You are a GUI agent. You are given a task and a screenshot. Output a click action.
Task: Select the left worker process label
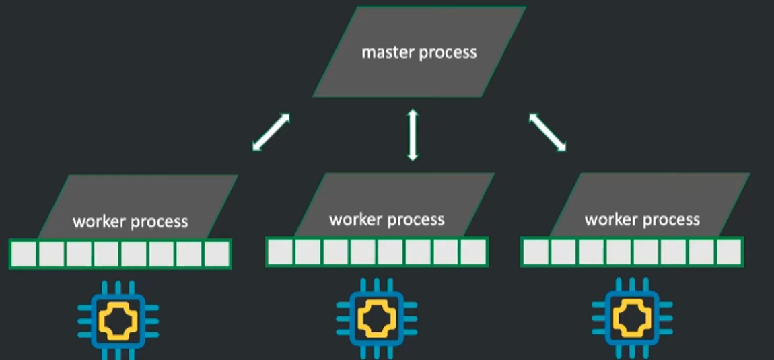click(130, 221)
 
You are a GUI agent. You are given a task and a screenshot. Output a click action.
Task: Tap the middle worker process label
click(386, 219)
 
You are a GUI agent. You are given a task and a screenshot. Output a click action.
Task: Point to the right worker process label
click(642, 219)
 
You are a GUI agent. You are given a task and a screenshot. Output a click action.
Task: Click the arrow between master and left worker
click(271, 132)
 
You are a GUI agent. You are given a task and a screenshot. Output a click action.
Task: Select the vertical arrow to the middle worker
click(413, 135)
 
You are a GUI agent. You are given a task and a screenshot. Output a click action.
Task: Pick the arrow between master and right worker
click(547, 132)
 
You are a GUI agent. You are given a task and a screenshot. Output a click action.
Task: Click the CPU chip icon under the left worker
click(118, 320)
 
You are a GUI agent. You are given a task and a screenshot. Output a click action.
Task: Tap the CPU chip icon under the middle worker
click(377, 319)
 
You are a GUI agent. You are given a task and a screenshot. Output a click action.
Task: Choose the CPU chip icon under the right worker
click(632, 319)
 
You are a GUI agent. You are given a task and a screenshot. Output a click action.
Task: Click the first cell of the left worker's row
click(24, 254)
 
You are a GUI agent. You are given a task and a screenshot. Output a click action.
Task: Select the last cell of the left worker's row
click(217, 254)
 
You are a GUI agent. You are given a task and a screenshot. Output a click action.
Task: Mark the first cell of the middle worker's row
click(281, 252)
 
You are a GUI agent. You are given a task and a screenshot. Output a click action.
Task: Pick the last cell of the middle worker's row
click(473, 252)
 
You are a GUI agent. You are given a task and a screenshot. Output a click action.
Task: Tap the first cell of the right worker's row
click(536, 252)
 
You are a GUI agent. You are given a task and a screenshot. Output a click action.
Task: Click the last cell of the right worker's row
click(729, 252)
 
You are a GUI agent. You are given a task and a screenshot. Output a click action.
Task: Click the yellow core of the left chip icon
click(118, 320)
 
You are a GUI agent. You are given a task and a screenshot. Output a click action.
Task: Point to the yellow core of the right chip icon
click(632, 319)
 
